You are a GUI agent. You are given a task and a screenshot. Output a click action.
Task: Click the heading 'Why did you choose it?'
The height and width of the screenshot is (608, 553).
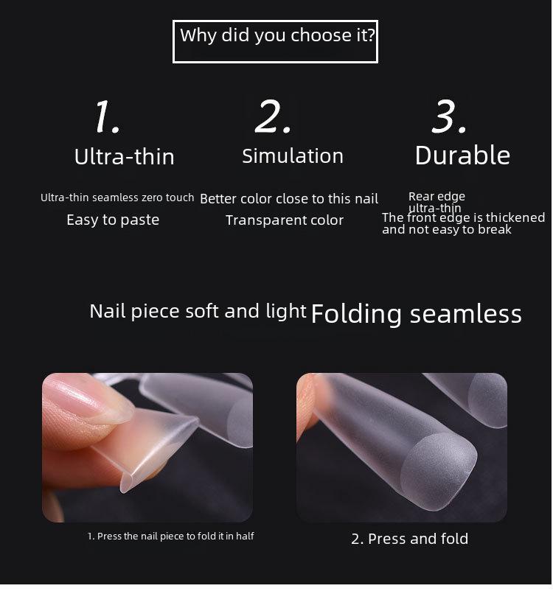coord(275,36)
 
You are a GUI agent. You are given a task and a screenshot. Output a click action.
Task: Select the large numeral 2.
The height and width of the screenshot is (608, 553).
coord(273,116)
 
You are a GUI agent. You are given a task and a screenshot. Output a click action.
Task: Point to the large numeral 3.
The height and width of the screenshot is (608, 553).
coord(449,116)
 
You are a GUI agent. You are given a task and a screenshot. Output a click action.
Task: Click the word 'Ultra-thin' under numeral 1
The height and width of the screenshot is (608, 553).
coord(124,157)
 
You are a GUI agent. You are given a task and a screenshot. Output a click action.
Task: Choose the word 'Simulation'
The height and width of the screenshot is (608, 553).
coord(293,156)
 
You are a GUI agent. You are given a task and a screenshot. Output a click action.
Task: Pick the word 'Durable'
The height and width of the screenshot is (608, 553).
coord(462,156)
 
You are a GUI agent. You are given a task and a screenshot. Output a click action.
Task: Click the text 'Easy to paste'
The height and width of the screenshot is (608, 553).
coord(113,220)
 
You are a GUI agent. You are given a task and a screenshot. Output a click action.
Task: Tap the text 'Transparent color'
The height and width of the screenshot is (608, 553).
coord(285,220)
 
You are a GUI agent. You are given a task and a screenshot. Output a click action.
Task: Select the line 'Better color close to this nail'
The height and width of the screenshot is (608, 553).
coord(289,199)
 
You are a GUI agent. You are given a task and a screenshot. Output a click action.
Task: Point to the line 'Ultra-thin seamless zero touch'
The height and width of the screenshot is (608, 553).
coord(117,198)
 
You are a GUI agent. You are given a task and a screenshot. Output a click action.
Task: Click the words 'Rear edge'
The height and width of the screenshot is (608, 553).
coord(437,197)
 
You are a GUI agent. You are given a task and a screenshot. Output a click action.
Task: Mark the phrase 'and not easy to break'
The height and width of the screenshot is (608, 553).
coord(447,230)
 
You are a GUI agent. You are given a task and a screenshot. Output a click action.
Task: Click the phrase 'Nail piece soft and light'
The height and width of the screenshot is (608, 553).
coord(198,311)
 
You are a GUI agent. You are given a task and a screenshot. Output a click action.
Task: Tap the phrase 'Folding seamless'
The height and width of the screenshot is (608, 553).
coord(416,314)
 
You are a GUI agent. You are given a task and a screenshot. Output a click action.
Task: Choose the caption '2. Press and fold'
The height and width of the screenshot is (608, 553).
coord(409,539)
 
